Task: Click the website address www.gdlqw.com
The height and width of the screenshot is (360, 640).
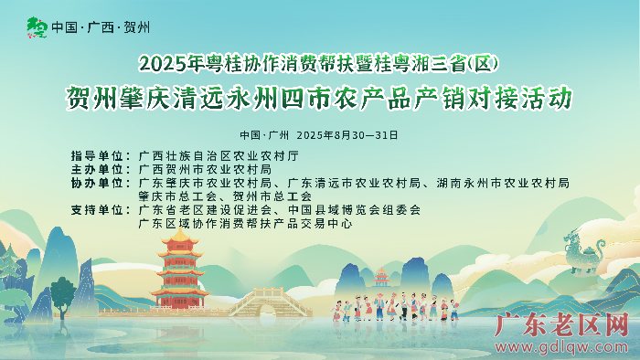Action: (563, 346)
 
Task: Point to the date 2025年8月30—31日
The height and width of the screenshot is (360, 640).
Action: (347, 134)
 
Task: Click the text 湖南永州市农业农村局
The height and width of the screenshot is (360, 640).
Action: (503, 183)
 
